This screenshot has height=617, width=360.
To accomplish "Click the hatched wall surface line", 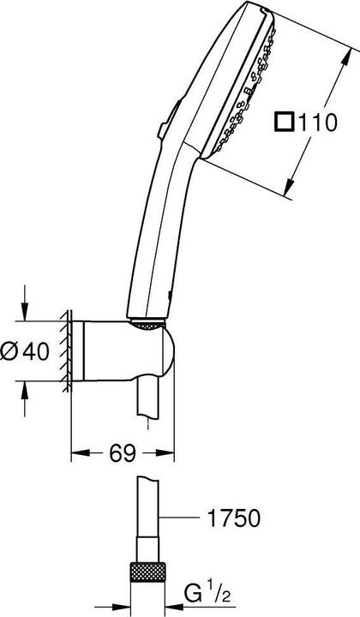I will coord(65,351).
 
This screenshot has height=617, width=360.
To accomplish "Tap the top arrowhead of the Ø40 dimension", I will coord(27,314).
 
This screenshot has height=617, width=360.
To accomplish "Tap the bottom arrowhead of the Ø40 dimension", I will coord(27,388).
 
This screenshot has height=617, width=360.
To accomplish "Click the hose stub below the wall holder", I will coord(154,403).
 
